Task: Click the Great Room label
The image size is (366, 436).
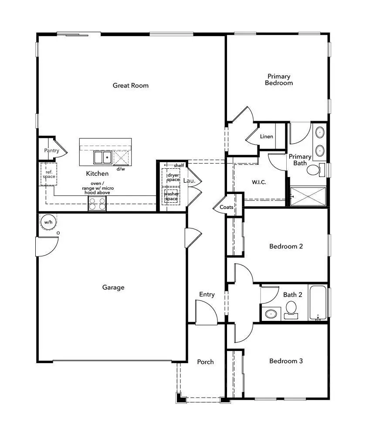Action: point(131,85)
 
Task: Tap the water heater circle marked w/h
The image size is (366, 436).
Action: point(48,222)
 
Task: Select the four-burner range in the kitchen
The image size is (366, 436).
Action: point(97,203)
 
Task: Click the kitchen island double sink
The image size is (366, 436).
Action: point(103,157)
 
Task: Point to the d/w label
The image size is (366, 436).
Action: point(121,169)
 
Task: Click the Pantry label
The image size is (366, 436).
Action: point(51,150)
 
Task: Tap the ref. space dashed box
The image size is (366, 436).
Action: point(49,174)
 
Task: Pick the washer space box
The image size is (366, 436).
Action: point(171,196)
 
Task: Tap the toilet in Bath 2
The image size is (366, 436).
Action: point(291,309)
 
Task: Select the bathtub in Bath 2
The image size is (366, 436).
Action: point(318,303)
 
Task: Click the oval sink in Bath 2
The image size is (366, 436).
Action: point(272,313)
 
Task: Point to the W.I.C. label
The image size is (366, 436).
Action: point(259,182)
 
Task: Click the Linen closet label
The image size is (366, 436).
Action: point(267,136)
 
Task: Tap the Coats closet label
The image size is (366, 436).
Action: point(226,207)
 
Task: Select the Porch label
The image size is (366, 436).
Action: point(205,362)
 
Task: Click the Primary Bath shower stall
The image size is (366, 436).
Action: point(308,196)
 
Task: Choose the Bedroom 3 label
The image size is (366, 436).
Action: point(286,361)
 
